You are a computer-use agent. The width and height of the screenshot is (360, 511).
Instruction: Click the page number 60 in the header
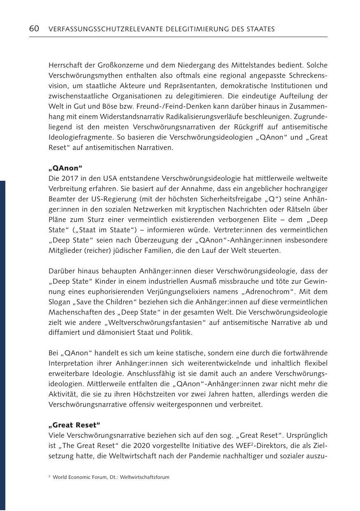(x=34, y=29)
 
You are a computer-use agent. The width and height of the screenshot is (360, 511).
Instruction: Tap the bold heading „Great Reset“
(x=74, y=425)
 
